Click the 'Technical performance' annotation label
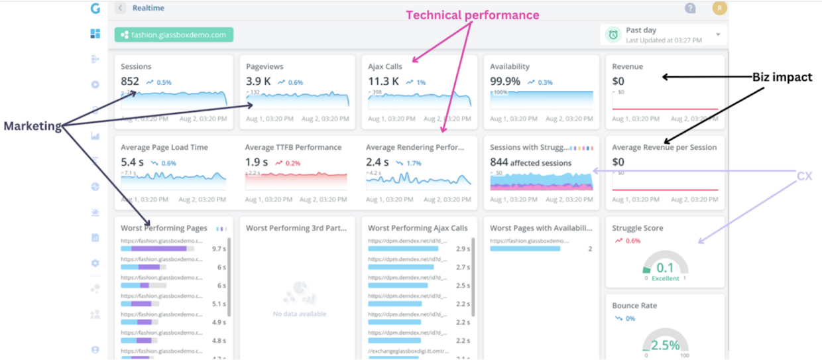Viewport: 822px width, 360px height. (472, 15)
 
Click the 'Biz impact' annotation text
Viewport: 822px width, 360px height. (782, 78)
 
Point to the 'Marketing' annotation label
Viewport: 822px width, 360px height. (32, 126)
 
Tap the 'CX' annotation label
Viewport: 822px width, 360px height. (804, 176)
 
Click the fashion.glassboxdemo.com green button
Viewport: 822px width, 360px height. (174, 35)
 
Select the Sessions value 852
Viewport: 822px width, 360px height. (130, 82)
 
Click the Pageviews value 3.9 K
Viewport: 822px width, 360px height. (258, 82)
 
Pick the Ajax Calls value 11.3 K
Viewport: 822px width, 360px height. (383, 82)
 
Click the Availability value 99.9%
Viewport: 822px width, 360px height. (505, 82)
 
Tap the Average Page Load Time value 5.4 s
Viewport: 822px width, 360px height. (131, 162)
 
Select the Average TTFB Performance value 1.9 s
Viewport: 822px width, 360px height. (257, 162)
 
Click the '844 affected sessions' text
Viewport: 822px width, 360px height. (530, 162)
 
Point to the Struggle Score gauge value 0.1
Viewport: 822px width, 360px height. (665, 268)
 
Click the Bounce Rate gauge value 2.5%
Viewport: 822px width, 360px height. (665, 345)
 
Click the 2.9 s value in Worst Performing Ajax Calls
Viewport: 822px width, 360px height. (463, 249)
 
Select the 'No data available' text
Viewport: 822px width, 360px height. (299, 314)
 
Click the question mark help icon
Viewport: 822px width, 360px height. (690, 9)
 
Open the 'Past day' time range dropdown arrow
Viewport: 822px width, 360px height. (718, 34)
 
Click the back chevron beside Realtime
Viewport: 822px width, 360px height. (120, 8)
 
